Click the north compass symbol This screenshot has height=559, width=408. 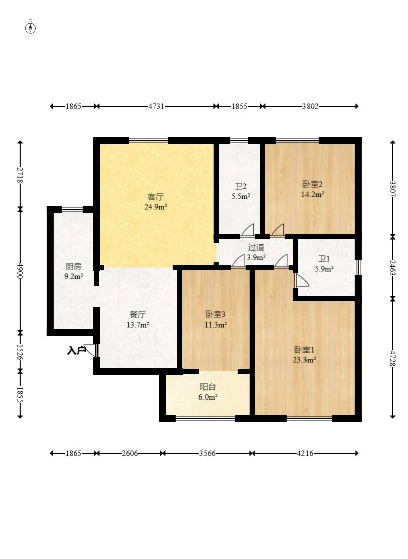30,28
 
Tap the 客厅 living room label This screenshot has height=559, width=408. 156,197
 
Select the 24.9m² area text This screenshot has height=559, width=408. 156,207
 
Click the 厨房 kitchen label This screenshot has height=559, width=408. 74,266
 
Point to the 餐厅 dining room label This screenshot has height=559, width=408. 138,315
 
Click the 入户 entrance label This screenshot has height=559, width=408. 76,351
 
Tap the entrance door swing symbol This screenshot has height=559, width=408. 91,350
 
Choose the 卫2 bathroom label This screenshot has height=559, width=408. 241,187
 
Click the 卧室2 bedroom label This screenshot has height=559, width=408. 312,184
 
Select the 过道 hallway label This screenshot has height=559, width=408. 256,247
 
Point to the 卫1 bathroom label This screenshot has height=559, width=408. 324,259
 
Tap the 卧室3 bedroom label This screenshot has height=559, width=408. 216,314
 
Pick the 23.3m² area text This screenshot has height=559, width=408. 304,360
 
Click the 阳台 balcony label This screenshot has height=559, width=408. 208,387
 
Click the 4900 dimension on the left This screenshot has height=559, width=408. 20,271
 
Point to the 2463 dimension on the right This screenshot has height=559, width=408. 392,267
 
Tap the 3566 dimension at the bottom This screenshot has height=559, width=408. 207,453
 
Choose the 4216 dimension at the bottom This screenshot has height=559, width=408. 305,453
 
